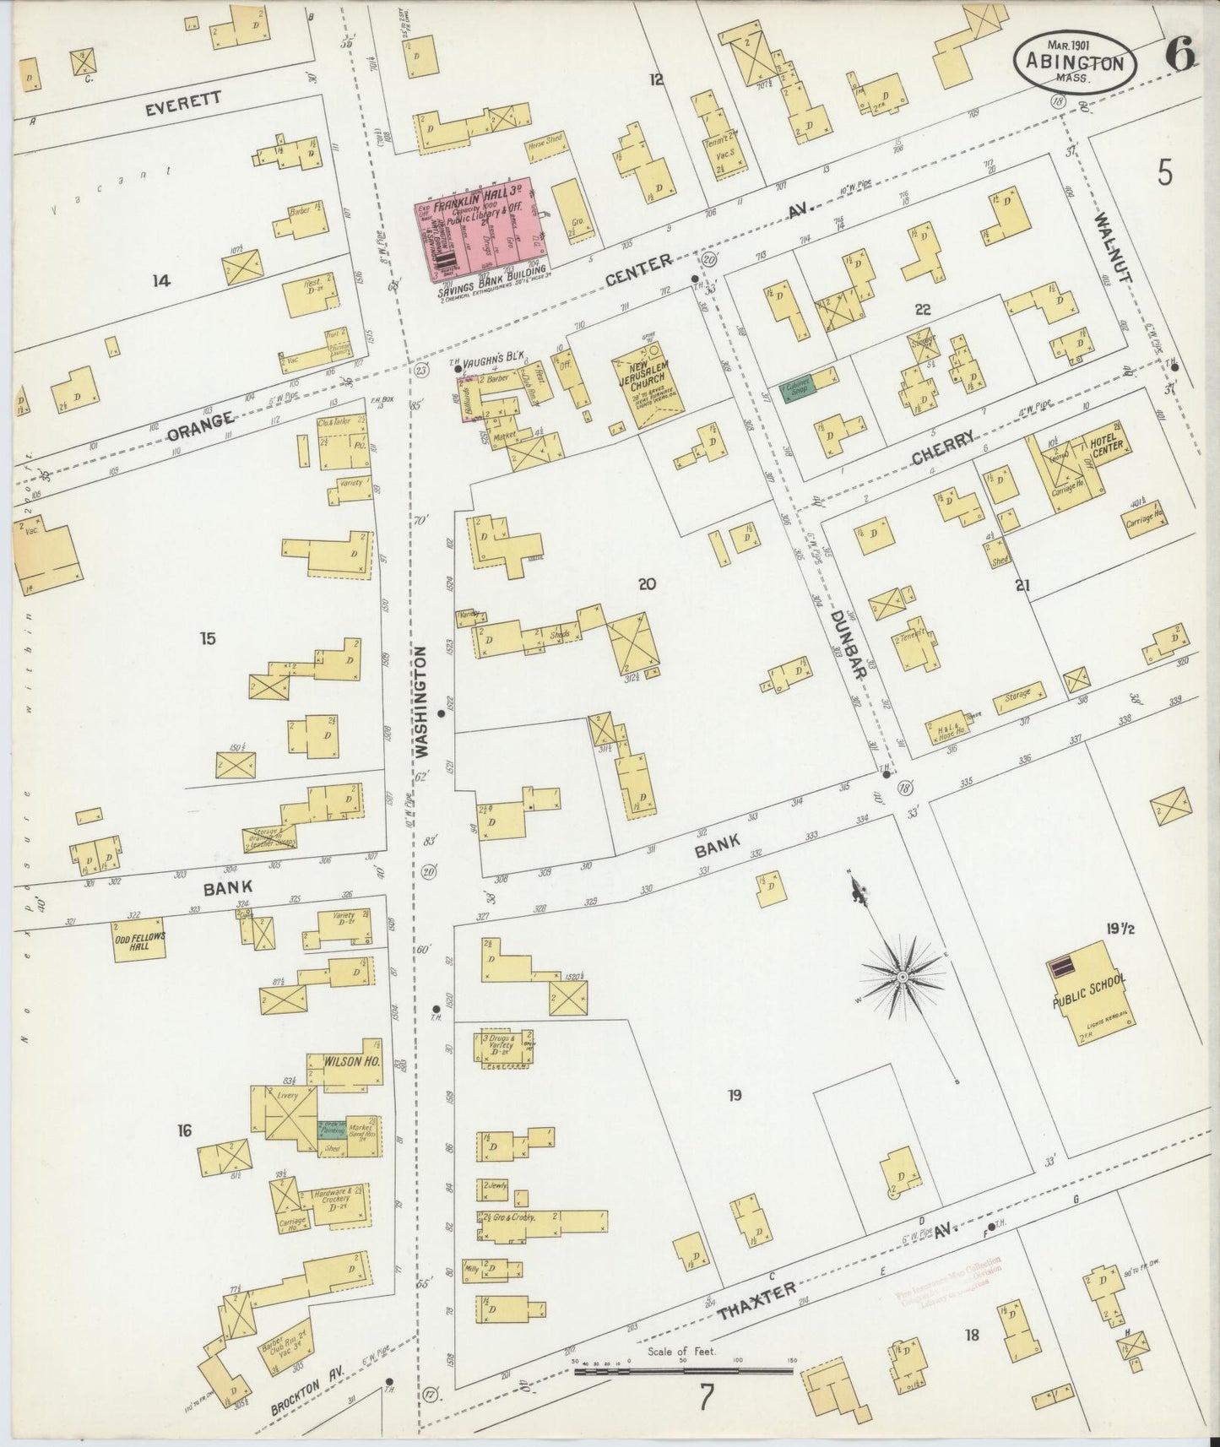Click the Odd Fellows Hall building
tap(138, 939)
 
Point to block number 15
tap(207, 638)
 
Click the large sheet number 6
tap(1179, 56)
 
